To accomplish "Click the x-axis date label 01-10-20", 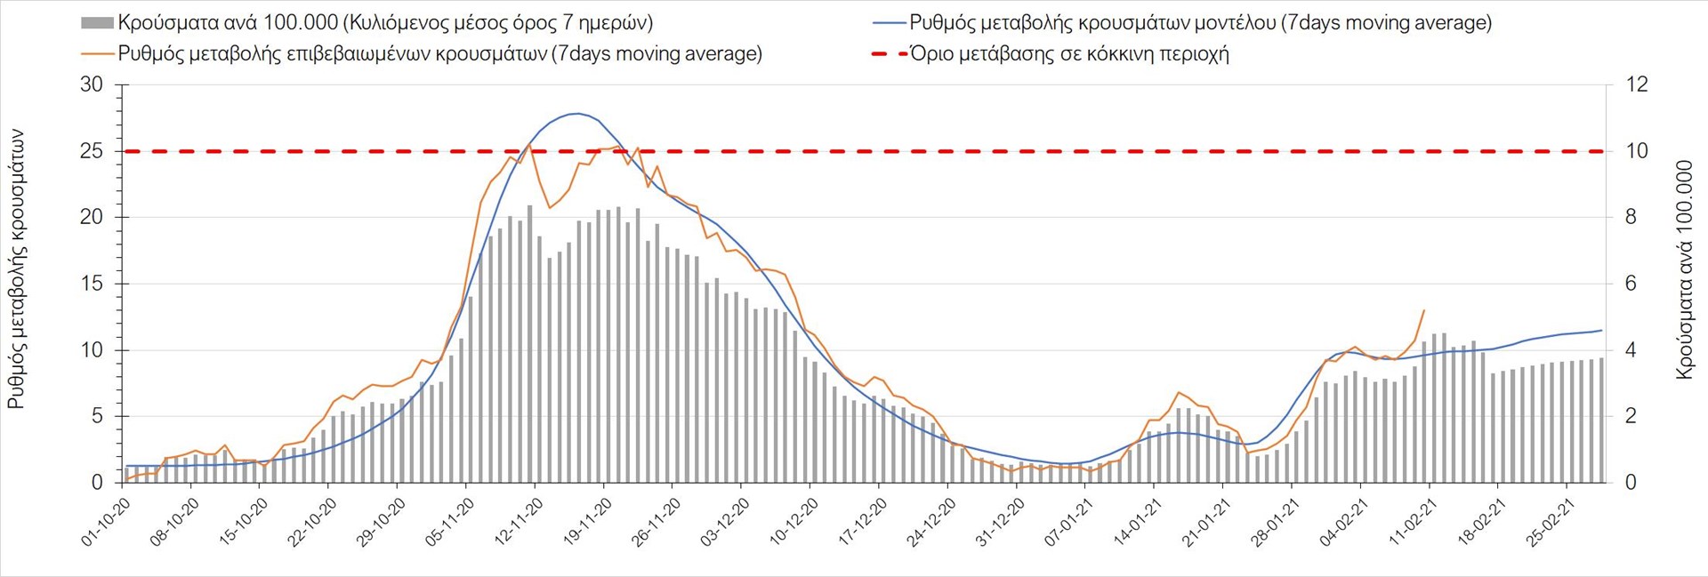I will (x=107, y=522).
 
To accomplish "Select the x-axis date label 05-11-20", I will (x=451, y=522).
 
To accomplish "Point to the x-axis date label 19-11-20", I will (x=589, y=522).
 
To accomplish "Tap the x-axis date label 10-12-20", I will (x=795, y=522).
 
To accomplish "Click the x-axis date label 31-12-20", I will (x=1002, y=522).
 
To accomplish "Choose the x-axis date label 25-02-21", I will (x=1552, y=522).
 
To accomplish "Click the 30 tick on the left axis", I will (x=92, y=84).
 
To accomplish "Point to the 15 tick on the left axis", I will (x=92, y=284).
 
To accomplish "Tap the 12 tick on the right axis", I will (x=1637, y=84).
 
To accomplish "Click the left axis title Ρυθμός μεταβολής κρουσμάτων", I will (x=16, y=269).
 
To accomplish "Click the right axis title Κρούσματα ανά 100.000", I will (x=1684, y=269).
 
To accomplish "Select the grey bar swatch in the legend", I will (x=97, y=23).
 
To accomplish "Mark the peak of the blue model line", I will (x=577, y=113).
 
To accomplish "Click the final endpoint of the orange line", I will (x=1424, y=310).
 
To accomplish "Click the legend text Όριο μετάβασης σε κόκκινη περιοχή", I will (x=1069, y=54).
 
